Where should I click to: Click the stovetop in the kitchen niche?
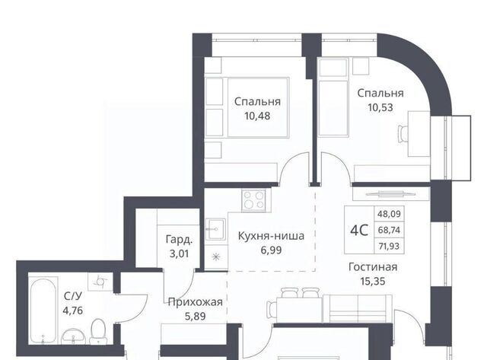[x=253, y=200]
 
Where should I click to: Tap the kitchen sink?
[x=216, y=228]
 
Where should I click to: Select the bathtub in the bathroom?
[x=44, y=311]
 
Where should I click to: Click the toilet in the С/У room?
[x=98, y=331]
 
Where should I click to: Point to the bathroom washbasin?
[x=74, y=336]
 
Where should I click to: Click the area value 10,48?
[x=257, y=116]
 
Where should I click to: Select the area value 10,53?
[x=380, y=108]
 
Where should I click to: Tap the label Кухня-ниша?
[x=271, y=236]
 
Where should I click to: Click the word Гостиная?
[x=373, y=267]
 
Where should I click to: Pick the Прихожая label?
[x=195, y=302]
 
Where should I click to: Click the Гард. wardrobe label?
[x=180, y=240]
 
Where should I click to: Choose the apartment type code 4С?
[x=359, y=230]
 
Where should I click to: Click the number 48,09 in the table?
[x=389, y=214]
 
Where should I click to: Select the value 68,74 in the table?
[x=389, y=230]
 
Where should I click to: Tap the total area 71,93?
[x=389, y=247]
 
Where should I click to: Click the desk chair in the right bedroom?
[x=403, y=134]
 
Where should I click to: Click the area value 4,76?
[x=73, y=311]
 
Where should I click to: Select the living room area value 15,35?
[x=373, y=282]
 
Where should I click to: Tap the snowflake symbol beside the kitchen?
[x=215, y=257]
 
